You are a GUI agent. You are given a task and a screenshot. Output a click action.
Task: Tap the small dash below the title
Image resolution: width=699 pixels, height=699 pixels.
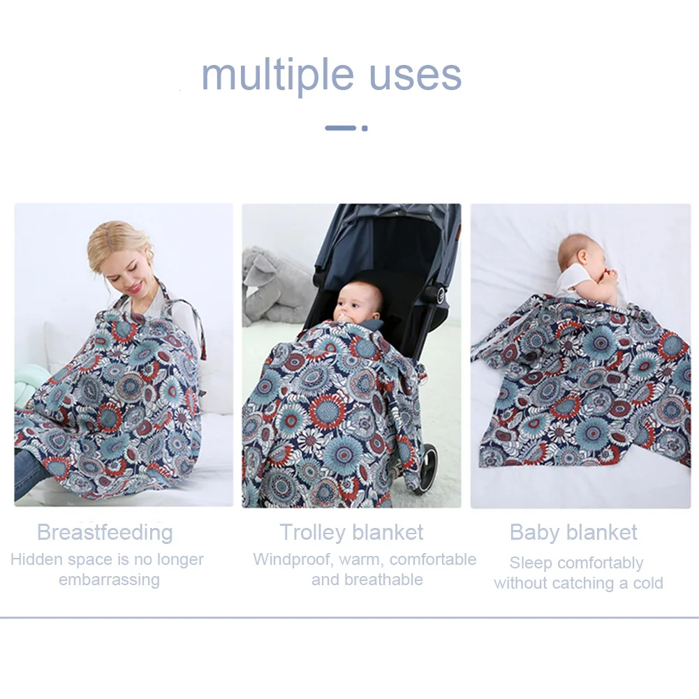(347, 128)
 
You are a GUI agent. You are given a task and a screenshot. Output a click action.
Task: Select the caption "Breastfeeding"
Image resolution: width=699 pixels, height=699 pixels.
(105, 532)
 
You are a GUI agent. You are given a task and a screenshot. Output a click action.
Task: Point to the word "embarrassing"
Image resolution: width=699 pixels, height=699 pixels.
(109, 580)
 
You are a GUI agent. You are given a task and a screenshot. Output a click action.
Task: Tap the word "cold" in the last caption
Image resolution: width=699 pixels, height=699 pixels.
(645, 583)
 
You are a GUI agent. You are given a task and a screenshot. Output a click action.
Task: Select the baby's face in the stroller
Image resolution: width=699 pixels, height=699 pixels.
(355, 304)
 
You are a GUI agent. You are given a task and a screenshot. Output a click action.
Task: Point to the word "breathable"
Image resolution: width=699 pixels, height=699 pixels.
(367, 580)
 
